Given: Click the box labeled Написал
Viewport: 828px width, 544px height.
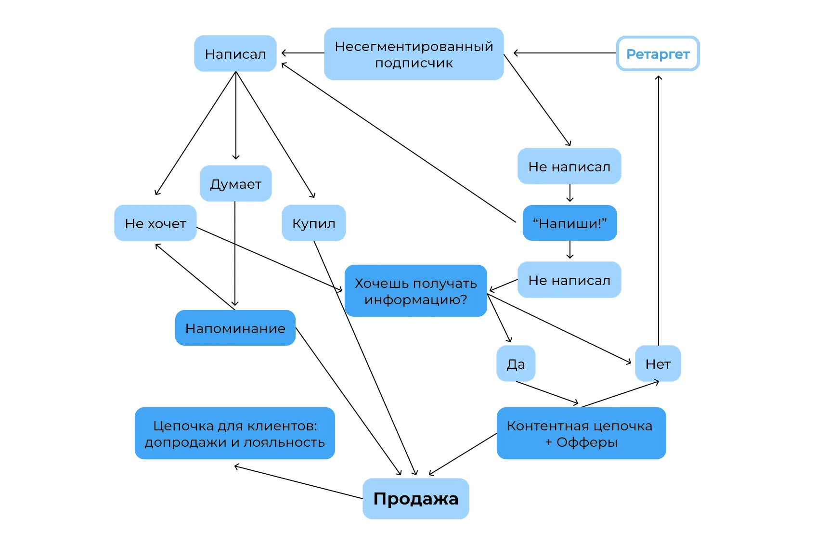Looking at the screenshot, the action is coord(235,53).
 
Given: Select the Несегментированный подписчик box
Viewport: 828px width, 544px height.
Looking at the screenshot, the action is coord(414,54).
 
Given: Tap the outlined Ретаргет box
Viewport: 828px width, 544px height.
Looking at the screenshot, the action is coord(658,53).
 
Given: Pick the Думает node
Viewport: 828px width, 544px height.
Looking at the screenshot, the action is coord(236,183).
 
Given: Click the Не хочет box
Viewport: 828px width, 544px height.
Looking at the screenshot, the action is coord(155,223).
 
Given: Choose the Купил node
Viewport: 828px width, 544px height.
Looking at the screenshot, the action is coord(314,223).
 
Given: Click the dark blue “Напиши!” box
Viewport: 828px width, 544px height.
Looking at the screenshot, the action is coord(570,223).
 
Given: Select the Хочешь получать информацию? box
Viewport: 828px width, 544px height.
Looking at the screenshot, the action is coord(416,291).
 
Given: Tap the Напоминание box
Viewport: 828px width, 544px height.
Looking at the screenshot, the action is coord(235,328).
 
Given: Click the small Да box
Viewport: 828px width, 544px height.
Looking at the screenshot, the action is coord(516,363).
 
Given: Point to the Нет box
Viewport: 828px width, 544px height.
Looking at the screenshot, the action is coord(658,363).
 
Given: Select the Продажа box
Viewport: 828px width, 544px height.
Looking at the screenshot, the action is coord(416,499).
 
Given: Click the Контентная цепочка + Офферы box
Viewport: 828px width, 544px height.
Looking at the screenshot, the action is coord(582,433).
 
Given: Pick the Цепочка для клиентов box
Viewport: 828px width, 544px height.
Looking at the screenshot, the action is coord(235,433).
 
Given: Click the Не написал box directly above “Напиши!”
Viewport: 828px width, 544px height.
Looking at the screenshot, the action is coord(569,166).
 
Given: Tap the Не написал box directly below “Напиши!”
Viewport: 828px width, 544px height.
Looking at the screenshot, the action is coord(569,280).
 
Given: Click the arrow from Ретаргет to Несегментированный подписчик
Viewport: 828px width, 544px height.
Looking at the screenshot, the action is coord(565,53).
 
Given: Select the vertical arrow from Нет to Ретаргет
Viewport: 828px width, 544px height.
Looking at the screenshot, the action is coord(659,210).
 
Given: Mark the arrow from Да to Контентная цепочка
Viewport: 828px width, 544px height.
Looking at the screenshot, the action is coord(547,393).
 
